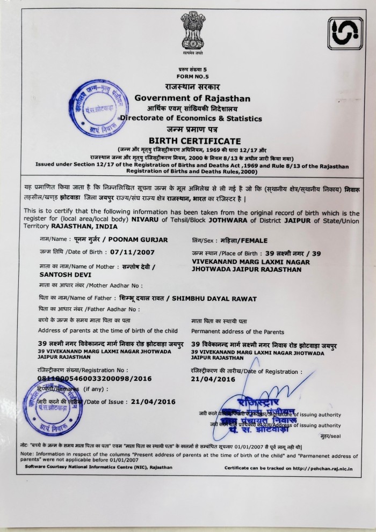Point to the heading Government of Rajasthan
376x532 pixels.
pyautogui.click(x=192, y=98)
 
